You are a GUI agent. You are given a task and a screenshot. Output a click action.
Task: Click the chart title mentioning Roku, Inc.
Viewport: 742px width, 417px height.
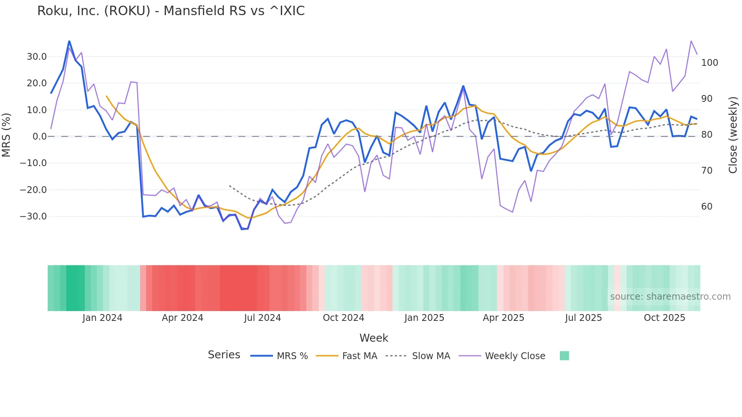(171, 11)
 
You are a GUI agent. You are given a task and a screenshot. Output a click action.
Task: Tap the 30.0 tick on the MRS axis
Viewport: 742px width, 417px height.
(37, 57)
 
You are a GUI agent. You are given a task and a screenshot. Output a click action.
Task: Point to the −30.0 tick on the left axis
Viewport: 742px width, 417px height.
(33, 216)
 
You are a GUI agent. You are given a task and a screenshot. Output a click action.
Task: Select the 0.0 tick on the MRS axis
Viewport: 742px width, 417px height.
(39, 137)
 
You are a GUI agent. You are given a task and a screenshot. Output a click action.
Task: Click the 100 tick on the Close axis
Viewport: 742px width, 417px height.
(709, 63)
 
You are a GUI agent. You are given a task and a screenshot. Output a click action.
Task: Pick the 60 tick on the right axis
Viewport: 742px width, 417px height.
(707, 207)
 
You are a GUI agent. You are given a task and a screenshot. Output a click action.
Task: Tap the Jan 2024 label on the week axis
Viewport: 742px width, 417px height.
(102, 318)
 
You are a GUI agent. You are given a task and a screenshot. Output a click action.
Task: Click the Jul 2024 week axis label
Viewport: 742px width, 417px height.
(262, 318)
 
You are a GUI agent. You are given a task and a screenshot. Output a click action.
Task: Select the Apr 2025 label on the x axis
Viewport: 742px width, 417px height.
(503, 318)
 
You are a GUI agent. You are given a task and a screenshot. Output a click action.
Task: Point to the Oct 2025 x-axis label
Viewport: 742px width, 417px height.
(664, 318)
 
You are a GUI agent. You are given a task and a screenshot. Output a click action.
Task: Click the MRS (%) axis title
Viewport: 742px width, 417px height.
(6, 135)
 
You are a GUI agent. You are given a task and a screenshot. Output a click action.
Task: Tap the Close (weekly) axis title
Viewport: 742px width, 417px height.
(733, 135)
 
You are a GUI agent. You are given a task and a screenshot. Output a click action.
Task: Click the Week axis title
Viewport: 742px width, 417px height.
(374, 338)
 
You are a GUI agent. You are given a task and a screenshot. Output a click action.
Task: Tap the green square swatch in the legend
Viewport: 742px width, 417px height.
(564, 356)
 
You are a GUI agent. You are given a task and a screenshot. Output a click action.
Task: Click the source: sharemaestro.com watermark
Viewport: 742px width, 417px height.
(670, 297)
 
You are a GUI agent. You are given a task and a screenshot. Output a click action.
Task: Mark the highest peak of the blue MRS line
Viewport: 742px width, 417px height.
(69, 41)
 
